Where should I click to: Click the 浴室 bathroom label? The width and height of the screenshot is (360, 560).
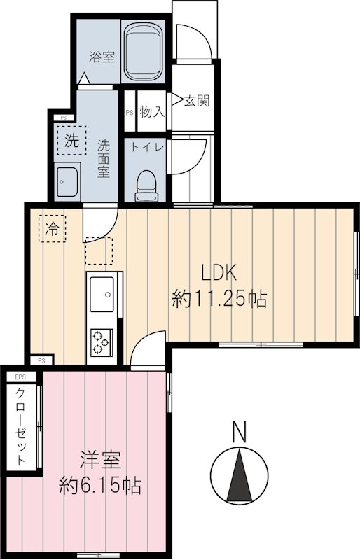pos(102,57)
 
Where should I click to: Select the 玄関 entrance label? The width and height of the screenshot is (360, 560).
pos(196,101)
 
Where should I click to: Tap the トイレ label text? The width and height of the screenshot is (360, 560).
pos(146,147)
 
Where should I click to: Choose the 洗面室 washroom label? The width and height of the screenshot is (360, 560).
pos(104,159)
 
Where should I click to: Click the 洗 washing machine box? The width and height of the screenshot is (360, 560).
pos(71,139)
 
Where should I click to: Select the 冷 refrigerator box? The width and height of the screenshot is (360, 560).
pos(53,227)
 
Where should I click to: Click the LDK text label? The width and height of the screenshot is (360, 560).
pos(219,272)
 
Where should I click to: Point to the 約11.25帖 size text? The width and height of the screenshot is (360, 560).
pos(219,301)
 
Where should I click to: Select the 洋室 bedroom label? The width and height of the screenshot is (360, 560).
pos(100,460)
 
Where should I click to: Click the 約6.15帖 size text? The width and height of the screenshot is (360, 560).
pos(100,484)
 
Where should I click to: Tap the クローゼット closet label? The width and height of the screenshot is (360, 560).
pos(21,426)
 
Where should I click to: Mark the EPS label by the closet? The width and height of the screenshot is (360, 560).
pos(15,377)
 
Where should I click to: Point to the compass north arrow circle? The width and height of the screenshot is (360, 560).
pos(240,474)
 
